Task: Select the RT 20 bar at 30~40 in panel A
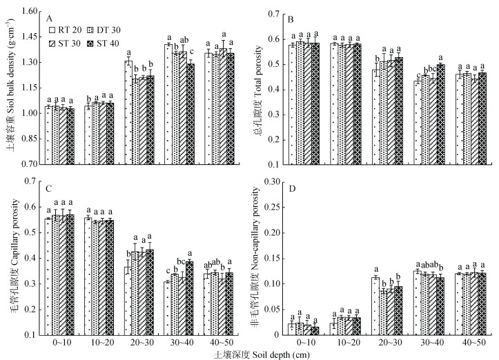(x=168, y=104)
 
